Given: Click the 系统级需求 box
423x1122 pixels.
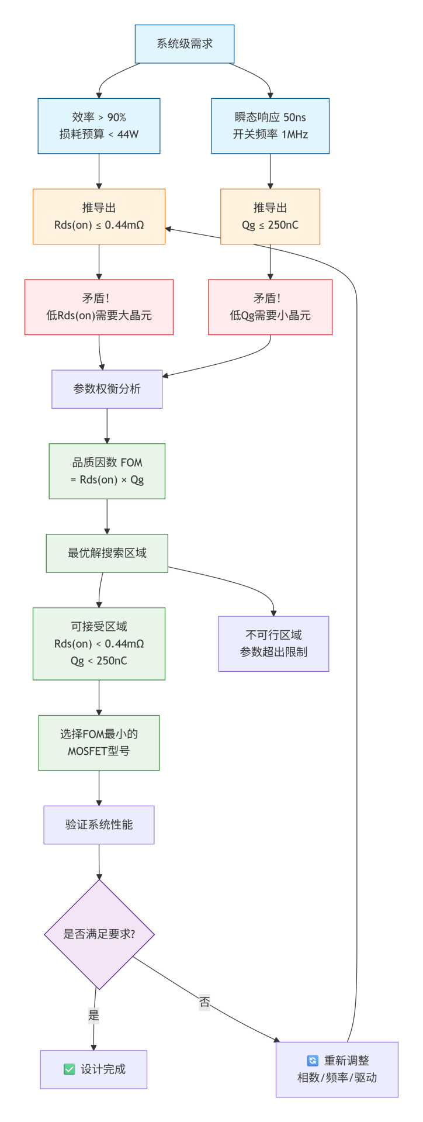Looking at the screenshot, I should pos(185,44).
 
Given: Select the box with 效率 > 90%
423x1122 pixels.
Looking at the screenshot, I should pos(99,126).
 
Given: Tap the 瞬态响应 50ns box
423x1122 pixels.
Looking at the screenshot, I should pos(270,126).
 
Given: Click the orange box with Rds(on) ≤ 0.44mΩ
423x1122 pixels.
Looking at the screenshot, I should pos(99,216).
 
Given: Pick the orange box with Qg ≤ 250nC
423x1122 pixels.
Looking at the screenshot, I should pos(270,216).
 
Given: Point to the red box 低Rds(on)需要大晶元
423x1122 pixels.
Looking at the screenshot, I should pos(99,307).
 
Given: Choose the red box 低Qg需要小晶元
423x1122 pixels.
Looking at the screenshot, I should pos(270,307).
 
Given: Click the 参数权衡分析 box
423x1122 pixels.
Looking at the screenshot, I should pos(107,389).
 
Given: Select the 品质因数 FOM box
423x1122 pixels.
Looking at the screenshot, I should pos(107,471).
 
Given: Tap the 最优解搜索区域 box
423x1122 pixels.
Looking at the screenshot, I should pos(107,553).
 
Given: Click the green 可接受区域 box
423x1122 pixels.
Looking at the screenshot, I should pos(99,644).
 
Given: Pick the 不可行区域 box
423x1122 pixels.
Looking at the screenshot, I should pos(273,644).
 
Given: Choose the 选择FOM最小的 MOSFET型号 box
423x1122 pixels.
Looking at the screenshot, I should pos(99,743).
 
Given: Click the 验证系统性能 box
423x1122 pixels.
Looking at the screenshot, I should pos(99,825).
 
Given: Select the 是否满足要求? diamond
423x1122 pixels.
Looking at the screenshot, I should pos(99,934).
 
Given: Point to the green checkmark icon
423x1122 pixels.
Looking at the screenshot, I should pos(69,1069).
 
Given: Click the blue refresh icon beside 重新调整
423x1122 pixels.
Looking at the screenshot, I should pos(313,1061).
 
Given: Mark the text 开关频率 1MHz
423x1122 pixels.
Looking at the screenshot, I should pos(270,134).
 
